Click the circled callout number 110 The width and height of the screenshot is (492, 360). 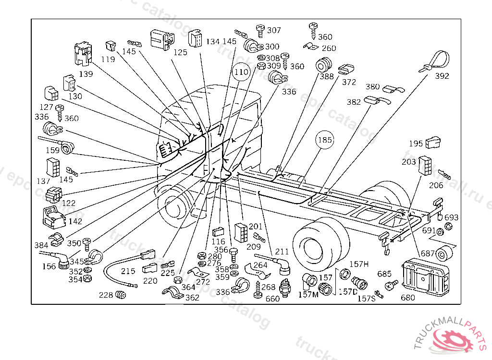click(x=242, y=72)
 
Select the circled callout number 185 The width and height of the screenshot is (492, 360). click(x=324, y=141)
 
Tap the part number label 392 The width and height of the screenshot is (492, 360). click(x=442, y=76)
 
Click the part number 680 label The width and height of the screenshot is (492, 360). click(x=407, y=297)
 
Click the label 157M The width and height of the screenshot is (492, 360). click(x=308, y=294)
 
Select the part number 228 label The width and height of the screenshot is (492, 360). click(x=106, y=295)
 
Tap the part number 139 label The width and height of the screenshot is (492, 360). click(x=86, y=74)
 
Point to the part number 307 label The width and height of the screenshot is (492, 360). click(x=274, y=30)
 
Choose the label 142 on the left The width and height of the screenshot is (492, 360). click(x=75, y=221)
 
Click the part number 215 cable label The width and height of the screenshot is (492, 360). click(x=128, y=271)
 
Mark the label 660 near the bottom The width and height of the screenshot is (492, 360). click(x=272, y=298)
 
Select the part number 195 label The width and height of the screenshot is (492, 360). click(x=416, y=144)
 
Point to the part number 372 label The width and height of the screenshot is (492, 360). click(x=349, y=82)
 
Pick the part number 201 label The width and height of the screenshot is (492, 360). click(x=256, y=226)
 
